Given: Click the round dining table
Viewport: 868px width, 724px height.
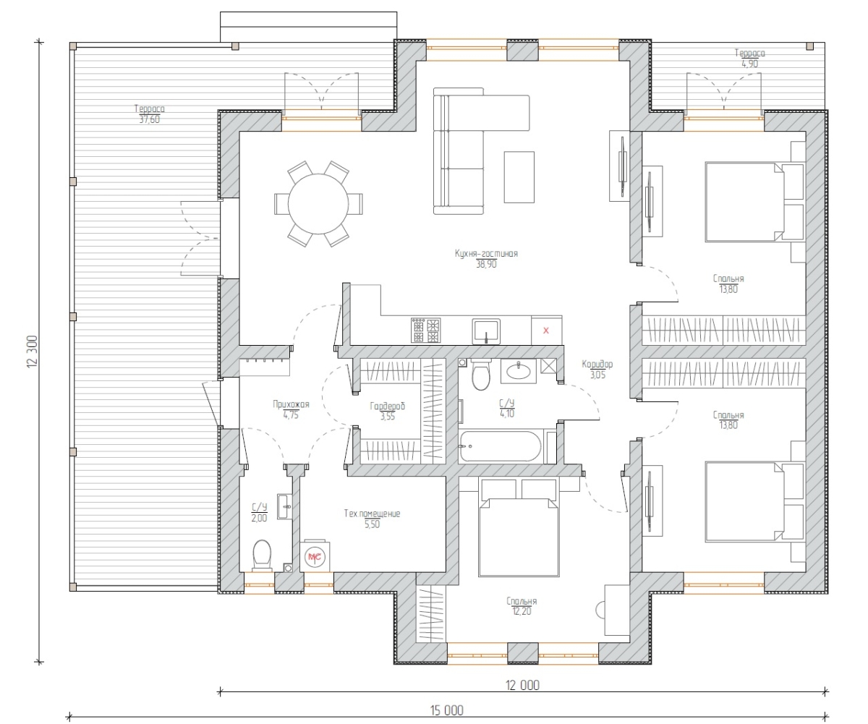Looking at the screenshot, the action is tap(318, 204).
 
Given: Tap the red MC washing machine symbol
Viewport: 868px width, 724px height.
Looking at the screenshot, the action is tap(315, 557).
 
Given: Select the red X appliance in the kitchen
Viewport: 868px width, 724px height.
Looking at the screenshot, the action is tap(546, 331).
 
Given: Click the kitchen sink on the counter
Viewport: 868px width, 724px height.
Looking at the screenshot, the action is tap(486, 332).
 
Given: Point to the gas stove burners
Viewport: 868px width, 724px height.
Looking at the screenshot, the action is tap(425, 331).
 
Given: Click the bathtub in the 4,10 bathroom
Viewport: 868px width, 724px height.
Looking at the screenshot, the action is tap(500, 446).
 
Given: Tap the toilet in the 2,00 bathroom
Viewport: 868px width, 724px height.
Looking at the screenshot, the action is tap(262, 555).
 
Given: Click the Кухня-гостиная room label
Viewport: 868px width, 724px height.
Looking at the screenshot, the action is tap(486, 253).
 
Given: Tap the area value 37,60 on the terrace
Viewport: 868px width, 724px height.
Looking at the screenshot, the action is tap(149, 119).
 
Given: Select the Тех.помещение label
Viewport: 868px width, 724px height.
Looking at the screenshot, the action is tap(372, 514).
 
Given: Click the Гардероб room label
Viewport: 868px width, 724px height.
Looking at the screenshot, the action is tap(388, 406).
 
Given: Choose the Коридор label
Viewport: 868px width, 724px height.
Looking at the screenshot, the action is tap(597, 365).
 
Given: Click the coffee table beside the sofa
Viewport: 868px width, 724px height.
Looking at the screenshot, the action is tap(519, 177).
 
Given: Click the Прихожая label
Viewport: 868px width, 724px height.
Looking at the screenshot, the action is tap(291, 404).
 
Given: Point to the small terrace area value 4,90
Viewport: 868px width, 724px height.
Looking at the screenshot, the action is tap(749, 64).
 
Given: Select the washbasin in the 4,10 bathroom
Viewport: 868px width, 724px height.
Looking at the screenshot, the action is tap(519, 371).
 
